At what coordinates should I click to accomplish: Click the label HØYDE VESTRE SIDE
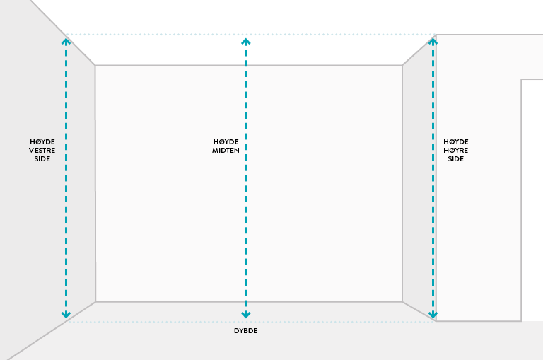[42, 150]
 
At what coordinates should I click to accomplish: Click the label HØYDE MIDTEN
[226, 146]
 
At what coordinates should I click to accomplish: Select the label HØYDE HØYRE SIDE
[456, 150]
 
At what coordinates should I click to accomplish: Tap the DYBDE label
[245, 331]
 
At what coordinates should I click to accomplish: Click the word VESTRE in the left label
[42, 150]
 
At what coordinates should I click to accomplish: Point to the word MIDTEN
[226, 151]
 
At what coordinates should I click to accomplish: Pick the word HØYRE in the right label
[456, 150]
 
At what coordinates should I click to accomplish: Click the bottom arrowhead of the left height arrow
[66, 314]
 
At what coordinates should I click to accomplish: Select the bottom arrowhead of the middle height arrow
[245, 314]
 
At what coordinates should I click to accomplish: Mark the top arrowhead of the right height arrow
[433, 40]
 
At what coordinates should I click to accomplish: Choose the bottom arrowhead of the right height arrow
[433, 314]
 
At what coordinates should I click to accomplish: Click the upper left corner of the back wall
[95, 66]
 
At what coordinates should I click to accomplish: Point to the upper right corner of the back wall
[402, 66]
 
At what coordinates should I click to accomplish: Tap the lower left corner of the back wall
[95, 302]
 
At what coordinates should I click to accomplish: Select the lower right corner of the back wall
[402, 302]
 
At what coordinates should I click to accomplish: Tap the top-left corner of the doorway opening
[522, 79]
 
